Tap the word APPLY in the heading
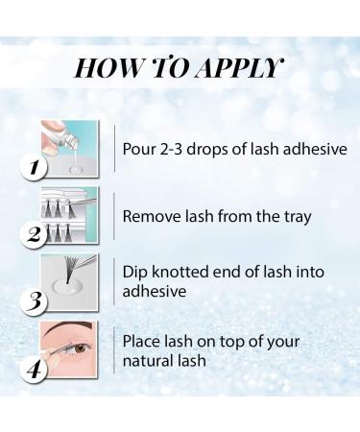pyautogui.click(x=239, y=68)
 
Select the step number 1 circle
pyautogui.click(x=34, y=167)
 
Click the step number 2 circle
pyautogui.click(x=34, y=235)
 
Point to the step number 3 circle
pyautogui.click(x=34, y=301)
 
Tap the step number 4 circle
pyautogui.click(x=34, y=371)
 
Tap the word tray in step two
pyautogui.click(x=298, y=218)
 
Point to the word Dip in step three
pyautogui.click(x=135, y=273)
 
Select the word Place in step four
pyautogui.click(x=141, y=341)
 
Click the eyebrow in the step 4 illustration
pyautogui.click(x=69, y=328)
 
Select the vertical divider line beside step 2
pyautogui.click(x=114, y=216)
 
